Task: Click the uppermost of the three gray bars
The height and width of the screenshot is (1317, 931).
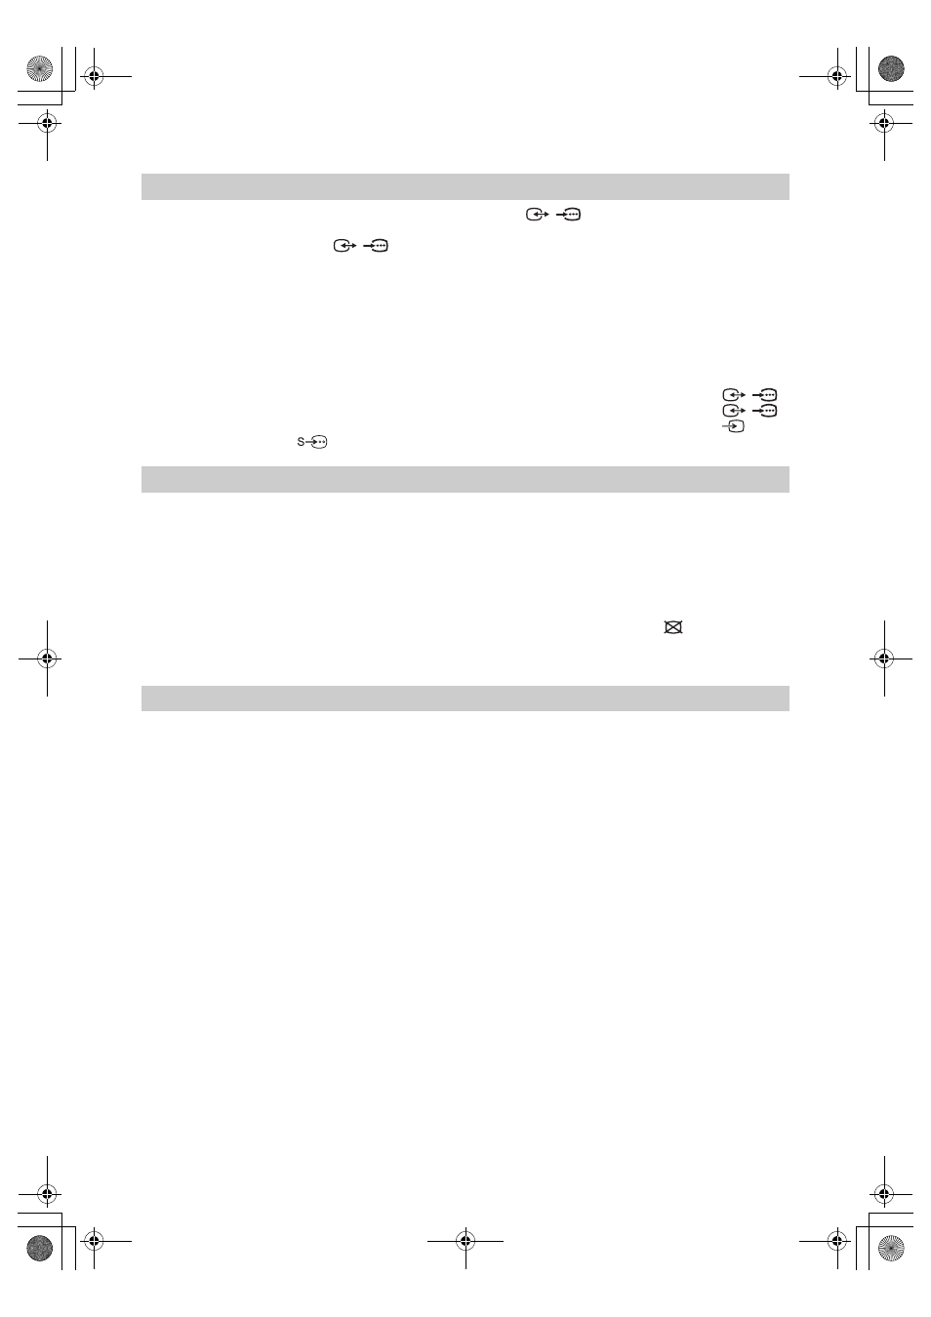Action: [465, 186]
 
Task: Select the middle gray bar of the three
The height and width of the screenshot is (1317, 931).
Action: [465, 479]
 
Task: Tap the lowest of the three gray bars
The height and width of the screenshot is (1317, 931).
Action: [465, 698]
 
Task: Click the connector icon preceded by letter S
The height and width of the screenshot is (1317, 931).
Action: [312, 442]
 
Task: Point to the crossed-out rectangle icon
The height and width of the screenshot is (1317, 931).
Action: [672, 627]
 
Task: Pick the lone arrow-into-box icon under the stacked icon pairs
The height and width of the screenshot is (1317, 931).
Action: [733, 425]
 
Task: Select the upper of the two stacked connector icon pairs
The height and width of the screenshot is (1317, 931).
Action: [749, 394]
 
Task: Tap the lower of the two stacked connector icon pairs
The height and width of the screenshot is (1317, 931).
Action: [749, 410]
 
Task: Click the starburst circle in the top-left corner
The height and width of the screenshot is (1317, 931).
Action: [39, 69]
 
